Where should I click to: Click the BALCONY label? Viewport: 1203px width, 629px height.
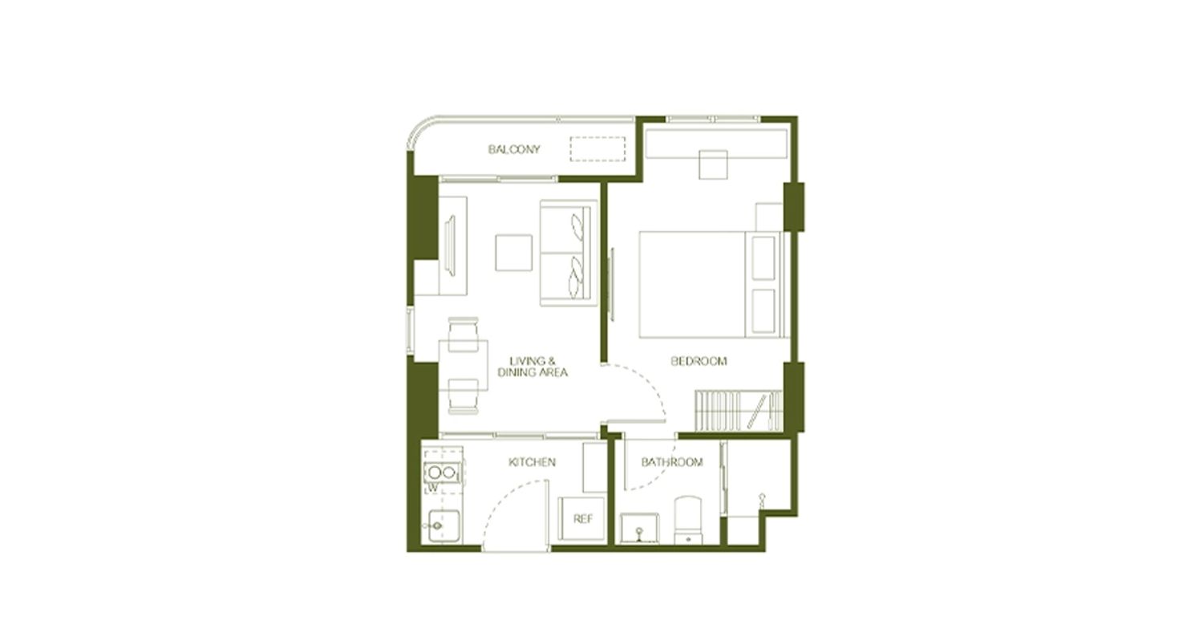point(514,149)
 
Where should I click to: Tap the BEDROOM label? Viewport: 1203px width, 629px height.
point(699,361)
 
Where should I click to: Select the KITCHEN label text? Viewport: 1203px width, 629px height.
point(532,462)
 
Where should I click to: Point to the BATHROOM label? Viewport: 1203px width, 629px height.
point(672,462)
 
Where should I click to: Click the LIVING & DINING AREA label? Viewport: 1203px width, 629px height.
point(533,367)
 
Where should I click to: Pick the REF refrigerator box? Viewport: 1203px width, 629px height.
point(582,519)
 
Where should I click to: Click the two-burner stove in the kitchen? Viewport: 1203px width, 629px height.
point(442,473)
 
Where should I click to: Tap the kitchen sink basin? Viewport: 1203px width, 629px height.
point(444,526)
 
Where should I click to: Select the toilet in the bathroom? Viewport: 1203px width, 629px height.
point(688,520)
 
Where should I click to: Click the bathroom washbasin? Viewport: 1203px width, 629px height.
point(639,528)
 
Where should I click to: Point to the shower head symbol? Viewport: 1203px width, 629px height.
point(762,498)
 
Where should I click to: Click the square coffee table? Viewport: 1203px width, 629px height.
point(513,253)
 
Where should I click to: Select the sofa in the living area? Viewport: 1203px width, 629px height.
point(569,253)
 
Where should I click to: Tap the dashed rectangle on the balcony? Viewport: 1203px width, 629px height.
point(597,148)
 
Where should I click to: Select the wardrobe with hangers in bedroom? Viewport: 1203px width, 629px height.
point(739,411)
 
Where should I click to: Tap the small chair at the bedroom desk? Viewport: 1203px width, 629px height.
point(713,164)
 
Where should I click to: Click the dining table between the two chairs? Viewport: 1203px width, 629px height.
point(463,365)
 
